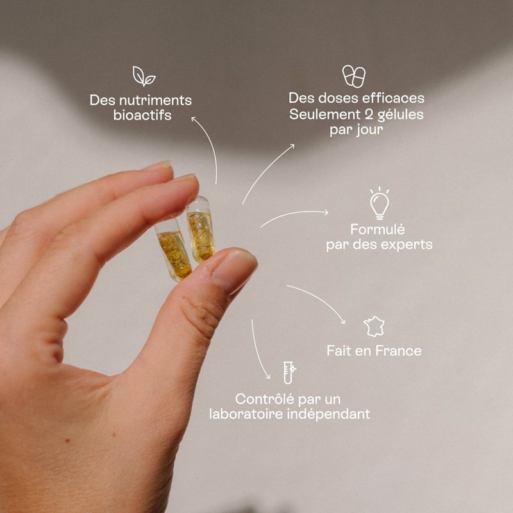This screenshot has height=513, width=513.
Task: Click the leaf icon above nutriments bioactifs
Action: click(144, 76)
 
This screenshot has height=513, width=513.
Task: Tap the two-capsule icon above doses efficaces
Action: click(354, 76)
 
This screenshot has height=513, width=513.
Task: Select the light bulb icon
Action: click(380, 203)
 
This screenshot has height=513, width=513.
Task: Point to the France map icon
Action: click(374, 326)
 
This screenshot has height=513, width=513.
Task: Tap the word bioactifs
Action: click(142, 115)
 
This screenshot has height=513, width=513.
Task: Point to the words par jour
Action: click(357, 130)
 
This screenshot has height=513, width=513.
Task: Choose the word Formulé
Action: click(378, 230)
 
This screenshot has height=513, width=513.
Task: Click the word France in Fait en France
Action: click(398, 351)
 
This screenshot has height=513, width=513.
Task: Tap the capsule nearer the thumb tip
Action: click(201, 230)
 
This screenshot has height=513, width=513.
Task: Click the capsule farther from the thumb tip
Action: click(173, 250)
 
